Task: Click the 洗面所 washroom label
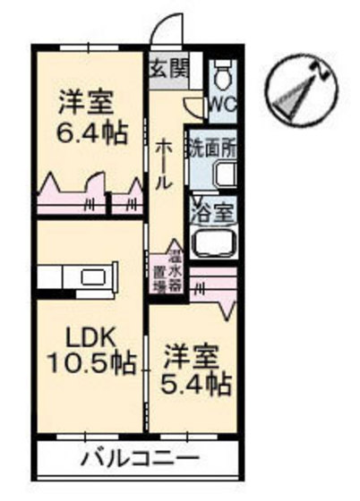(212, 145)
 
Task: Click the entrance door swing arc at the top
(165, 31)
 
